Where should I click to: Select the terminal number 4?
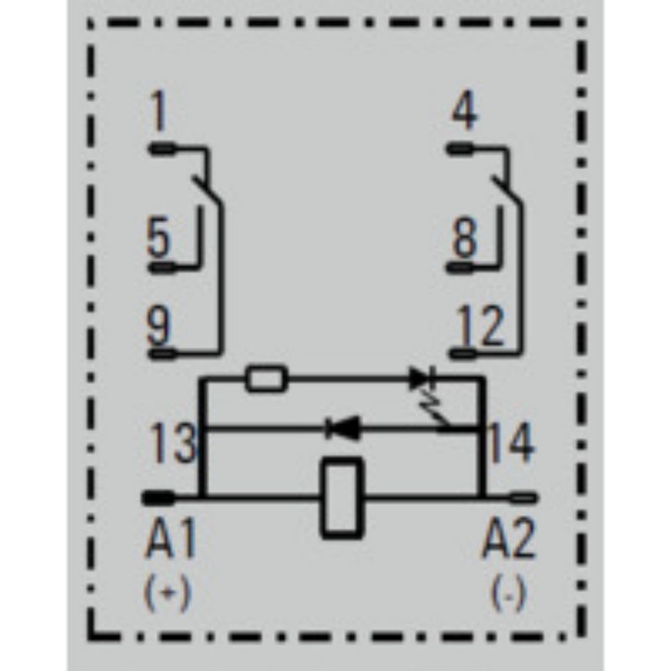pyautogui.click(x=465, y=112)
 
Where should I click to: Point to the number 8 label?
pyautogui.click(x=465, y=238)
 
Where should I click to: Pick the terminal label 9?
pyautogui.click(x=159, y=325)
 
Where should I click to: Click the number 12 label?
pyautogui.click(x=481, y=326)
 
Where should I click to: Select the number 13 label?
pyautogui.click(x=174, y=444)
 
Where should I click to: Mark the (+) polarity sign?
pyautogui.click(x=167, y=593)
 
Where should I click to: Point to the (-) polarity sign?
pyautogui.click(x=508, y=593)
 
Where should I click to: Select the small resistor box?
pyautogui.click(x=266, y=378)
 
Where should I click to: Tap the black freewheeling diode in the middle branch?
pyautogui.click(x=342, y=428)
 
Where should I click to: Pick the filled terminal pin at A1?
pyautogui.click(x=159, y=498)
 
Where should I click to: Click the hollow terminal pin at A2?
pyautogui.click(x=523, y=498)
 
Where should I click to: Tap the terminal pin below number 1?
pyautogui.click(x=162, y=149)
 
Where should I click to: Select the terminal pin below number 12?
pyautogui.click(x=463, y=354)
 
